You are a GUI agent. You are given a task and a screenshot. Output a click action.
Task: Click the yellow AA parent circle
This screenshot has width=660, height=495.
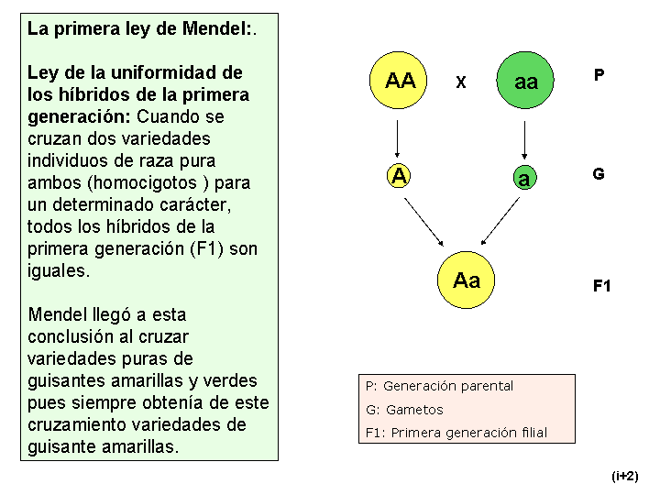point(398,80)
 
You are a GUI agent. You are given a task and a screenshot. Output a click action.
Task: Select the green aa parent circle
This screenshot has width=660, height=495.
point(525,80)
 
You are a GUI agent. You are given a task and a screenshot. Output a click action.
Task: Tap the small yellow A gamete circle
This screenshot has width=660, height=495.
point(399,175)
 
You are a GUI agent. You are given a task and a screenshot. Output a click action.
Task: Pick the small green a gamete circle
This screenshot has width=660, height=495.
point(525,177)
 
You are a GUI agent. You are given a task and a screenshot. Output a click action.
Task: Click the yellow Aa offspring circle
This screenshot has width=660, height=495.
point(466,280)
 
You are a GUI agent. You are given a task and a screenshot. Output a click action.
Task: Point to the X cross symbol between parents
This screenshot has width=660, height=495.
point(461,82)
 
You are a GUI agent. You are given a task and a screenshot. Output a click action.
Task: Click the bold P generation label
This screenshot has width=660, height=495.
point(599,75)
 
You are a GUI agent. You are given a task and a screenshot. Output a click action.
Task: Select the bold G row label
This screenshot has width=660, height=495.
point(599,173)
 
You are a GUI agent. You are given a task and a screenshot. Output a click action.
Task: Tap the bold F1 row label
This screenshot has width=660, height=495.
point(601,286)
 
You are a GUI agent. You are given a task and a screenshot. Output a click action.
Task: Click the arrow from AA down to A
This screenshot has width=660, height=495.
point(397,139)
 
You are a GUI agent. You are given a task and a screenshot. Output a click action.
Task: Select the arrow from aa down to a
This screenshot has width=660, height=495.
point(524,140)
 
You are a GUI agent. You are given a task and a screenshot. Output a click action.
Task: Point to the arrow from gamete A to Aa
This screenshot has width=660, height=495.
point(423,222)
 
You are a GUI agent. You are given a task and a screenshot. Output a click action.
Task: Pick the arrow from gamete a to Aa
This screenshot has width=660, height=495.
point(500,221)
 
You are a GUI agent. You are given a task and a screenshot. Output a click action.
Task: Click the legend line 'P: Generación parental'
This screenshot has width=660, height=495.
point(439,386)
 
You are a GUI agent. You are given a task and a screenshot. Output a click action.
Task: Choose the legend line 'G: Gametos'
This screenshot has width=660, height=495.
point(404,410)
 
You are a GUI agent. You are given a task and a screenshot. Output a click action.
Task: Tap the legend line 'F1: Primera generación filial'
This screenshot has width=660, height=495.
point(456,433)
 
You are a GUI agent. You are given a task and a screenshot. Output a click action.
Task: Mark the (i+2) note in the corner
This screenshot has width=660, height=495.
point(625,476)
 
